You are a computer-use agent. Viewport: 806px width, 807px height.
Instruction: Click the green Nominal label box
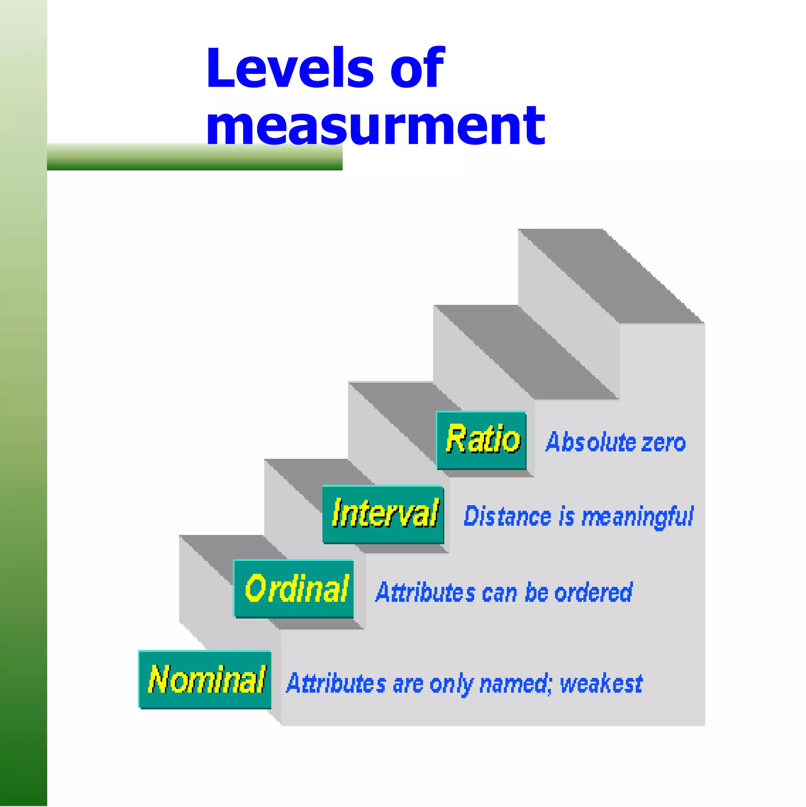205,679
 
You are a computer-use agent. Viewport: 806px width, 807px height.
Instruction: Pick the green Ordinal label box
294,589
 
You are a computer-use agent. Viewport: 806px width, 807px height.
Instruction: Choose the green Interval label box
383,514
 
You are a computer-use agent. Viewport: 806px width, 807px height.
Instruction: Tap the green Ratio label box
481,440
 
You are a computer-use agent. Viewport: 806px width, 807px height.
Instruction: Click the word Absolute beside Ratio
590,442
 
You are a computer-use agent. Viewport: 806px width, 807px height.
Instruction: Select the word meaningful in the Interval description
637,517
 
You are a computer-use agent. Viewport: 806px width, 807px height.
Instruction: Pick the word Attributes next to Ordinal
425,592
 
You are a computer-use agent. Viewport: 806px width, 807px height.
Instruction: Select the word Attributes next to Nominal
336,684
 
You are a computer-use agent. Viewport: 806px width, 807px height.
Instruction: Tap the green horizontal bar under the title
194,158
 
